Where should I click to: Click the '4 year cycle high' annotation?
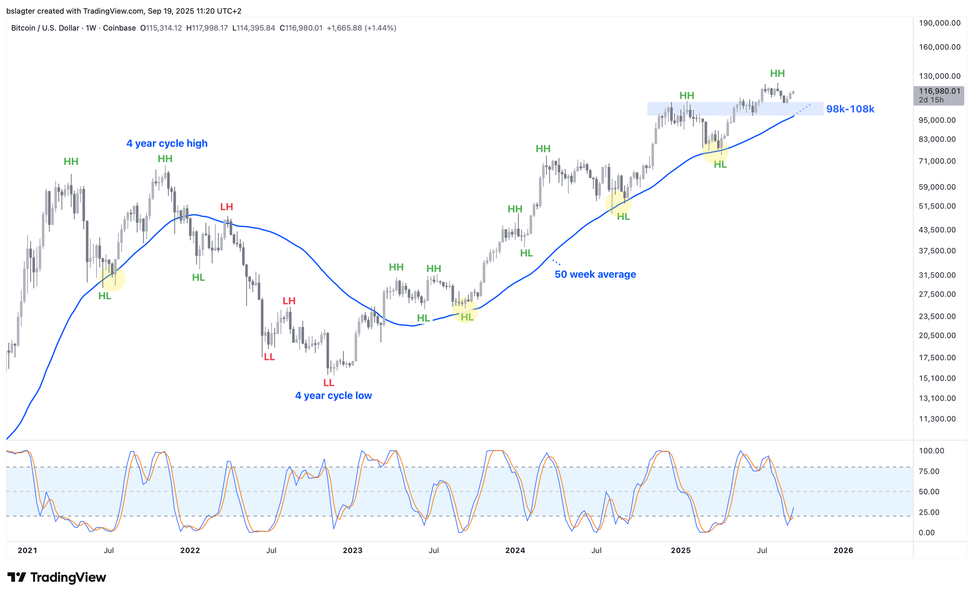(167, 144)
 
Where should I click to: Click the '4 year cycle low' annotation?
(333, 396)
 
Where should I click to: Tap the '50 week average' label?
(595, 274)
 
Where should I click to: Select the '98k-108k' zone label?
(850, 109)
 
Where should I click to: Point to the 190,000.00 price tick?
(939, 23)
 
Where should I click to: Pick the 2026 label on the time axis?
(843, 550)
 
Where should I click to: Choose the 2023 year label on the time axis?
(352, 550)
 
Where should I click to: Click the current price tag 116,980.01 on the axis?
(939, 91)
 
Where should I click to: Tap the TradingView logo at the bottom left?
(56, 578)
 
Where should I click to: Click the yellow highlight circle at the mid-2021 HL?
(112, 279)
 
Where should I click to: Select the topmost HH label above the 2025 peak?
(777, 73)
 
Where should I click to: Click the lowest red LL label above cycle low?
(328, 383)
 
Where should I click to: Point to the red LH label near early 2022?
(226, 207)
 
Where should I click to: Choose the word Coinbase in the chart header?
(119, 28)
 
